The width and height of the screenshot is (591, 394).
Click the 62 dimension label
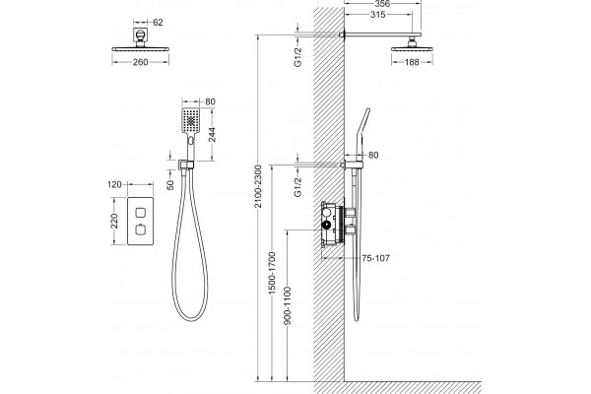pos(158,23)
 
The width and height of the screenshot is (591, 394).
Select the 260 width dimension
pos(140,62)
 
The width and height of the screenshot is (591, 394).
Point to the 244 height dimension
pos(212,135)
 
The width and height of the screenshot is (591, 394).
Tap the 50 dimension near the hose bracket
pos(170,185)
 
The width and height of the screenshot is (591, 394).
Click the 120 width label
pos(114,184)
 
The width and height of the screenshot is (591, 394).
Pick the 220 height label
pos(114,221)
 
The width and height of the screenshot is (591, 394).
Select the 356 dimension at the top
pos(382,4)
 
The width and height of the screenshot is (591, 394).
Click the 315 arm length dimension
pos(378,15)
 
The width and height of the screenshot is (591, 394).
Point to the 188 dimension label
pos(412,62)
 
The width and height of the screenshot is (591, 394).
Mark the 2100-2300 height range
pos(258,186)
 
